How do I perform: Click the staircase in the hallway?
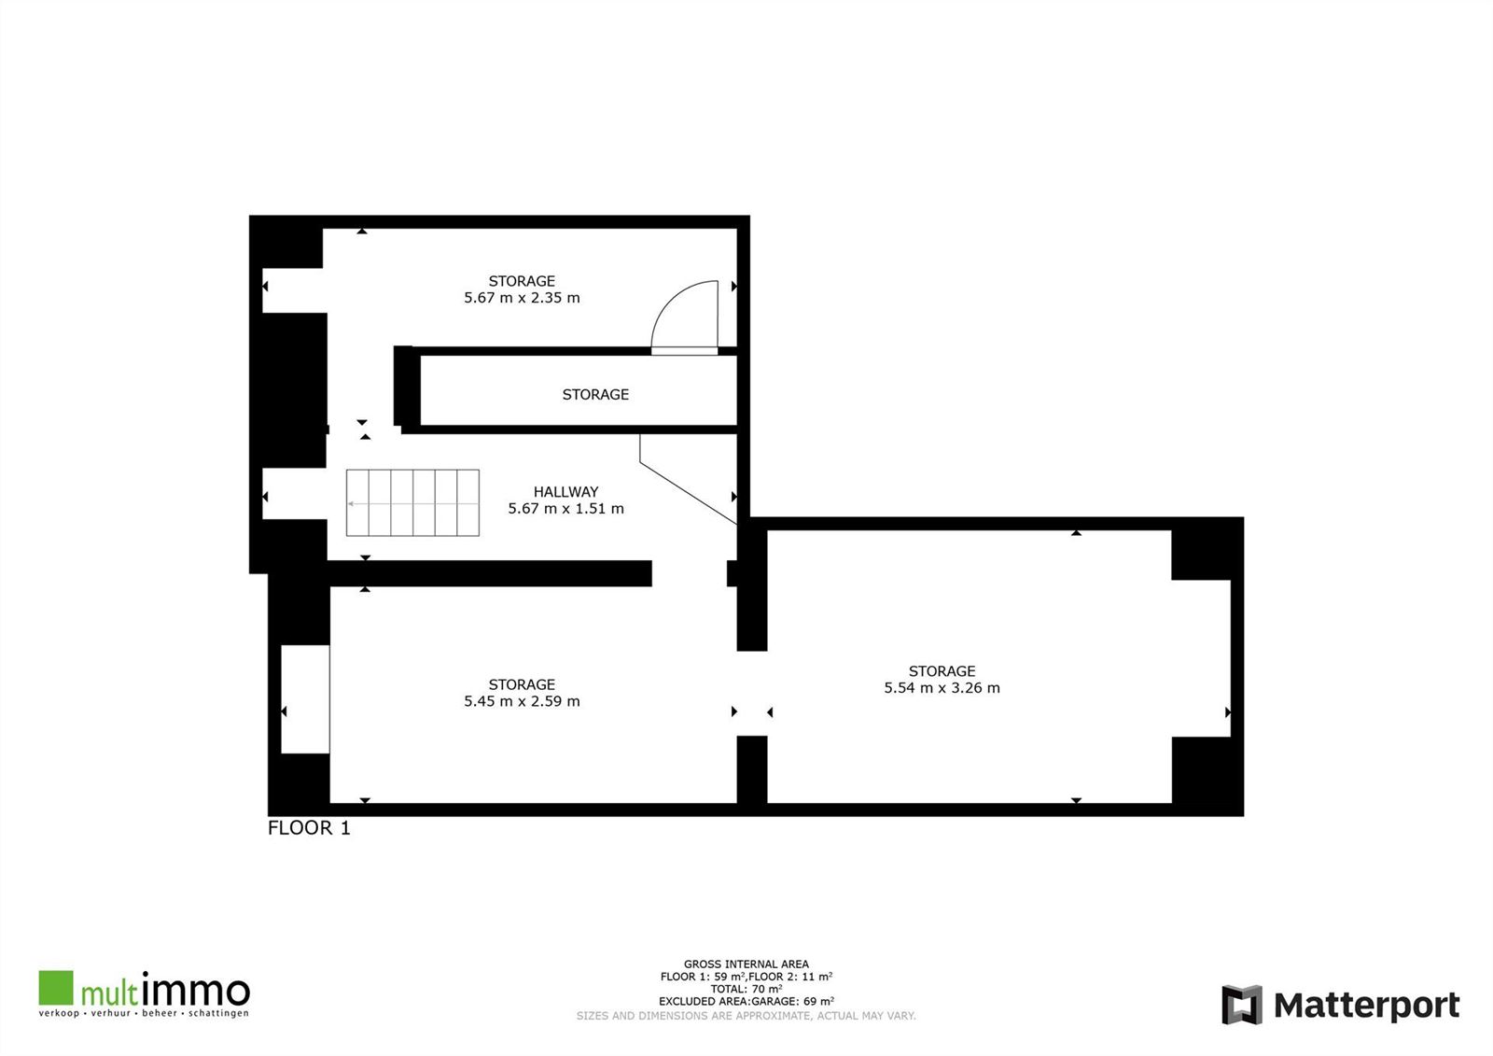412,502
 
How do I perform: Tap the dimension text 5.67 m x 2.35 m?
522,298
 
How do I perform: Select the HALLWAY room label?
565,492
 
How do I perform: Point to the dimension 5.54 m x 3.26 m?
942,688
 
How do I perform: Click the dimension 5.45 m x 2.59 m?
522,701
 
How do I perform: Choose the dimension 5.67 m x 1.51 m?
565,508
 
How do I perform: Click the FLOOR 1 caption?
309,828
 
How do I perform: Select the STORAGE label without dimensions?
595,394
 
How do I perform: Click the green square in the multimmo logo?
56,987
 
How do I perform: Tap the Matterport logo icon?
1242,1005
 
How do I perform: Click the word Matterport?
1367,1006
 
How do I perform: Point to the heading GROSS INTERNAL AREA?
746,964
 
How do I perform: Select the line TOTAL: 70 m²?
746,990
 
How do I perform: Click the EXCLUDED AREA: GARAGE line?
746,1001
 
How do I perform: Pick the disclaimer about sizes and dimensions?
746,1016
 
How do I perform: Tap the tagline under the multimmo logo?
144,1013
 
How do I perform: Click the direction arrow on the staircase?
413,503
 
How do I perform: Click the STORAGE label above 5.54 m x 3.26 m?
942,671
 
